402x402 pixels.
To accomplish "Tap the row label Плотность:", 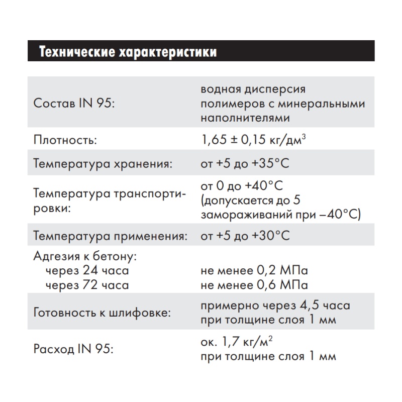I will [64, 140].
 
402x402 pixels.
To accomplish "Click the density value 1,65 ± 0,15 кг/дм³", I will [253, 140].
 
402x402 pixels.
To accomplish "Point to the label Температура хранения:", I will [103, 164].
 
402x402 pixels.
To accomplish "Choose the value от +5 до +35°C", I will [245, 164].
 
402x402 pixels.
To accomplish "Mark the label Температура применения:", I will [111, 235].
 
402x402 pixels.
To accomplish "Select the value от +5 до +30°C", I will [245, 235].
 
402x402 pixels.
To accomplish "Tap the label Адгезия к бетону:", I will [85, 257].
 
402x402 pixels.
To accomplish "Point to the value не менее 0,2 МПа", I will [254, 271].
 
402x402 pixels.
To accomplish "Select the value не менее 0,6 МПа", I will [254, 285].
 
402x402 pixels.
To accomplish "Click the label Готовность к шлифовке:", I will [102, 313].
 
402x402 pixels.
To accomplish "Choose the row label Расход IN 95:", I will [73, 349].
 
